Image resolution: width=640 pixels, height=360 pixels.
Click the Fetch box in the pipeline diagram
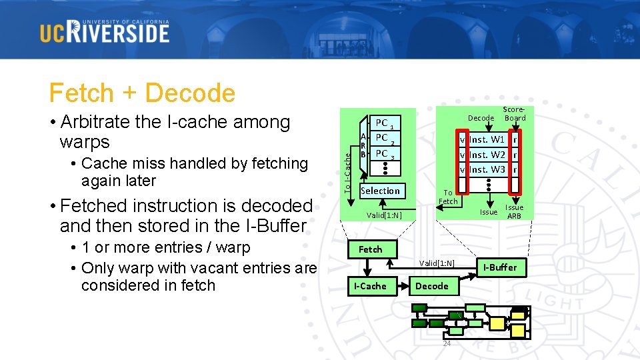pos(370,249)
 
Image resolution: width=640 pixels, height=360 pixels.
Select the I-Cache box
pos(370,286)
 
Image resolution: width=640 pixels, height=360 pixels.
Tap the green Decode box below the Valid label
pos(432,286)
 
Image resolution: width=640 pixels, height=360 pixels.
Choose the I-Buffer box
pos(500,267)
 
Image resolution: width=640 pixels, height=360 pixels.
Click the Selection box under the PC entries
pos(380,191)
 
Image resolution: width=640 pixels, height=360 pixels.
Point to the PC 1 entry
pos(384,124)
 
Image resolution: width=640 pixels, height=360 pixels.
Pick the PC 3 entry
pos(384,154)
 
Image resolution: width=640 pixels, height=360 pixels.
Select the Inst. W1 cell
pos(487,140)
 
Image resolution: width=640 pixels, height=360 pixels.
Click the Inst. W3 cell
pos(487,169)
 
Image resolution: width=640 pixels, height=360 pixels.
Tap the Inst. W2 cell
pos(487,155)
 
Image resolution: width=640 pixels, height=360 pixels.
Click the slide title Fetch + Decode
pos(142,93)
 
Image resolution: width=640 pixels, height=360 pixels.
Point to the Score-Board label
pos(514,114)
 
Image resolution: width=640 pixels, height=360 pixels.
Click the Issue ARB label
pos(514,211)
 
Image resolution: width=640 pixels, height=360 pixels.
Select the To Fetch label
pos(448,197)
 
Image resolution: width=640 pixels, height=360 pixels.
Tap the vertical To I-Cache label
pos(348,170)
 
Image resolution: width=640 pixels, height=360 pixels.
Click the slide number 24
pos(447,343)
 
